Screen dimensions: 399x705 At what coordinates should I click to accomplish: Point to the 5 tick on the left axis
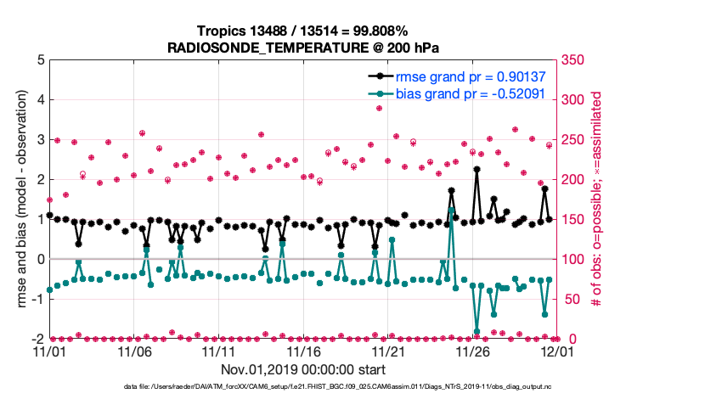pyautogui.click(x=40, y=60)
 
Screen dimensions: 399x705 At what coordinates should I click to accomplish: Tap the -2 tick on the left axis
pyautogui.click(x=37, y=339)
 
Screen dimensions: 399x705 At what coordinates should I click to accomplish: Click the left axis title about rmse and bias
pyautogui.click(x=18, y=199)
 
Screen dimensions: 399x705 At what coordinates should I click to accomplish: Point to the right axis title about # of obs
pyautogui.click(x=596, y=199)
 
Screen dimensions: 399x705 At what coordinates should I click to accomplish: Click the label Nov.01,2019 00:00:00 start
pyautogui.click(x=304, y=369)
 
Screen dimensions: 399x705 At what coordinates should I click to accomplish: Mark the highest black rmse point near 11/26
pyautogui.click(x=477, y=169)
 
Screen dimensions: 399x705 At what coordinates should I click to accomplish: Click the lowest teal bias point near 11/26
pyautogui.click(x=477, y=332)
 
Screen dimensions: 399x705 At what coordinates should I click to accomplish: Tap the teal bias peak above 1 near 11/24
pyautogui.click(x=452, y=209)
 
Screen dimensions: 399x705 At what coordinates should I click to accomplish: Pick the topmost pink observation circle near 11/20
pyautogui.click(x=379, y=108)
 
